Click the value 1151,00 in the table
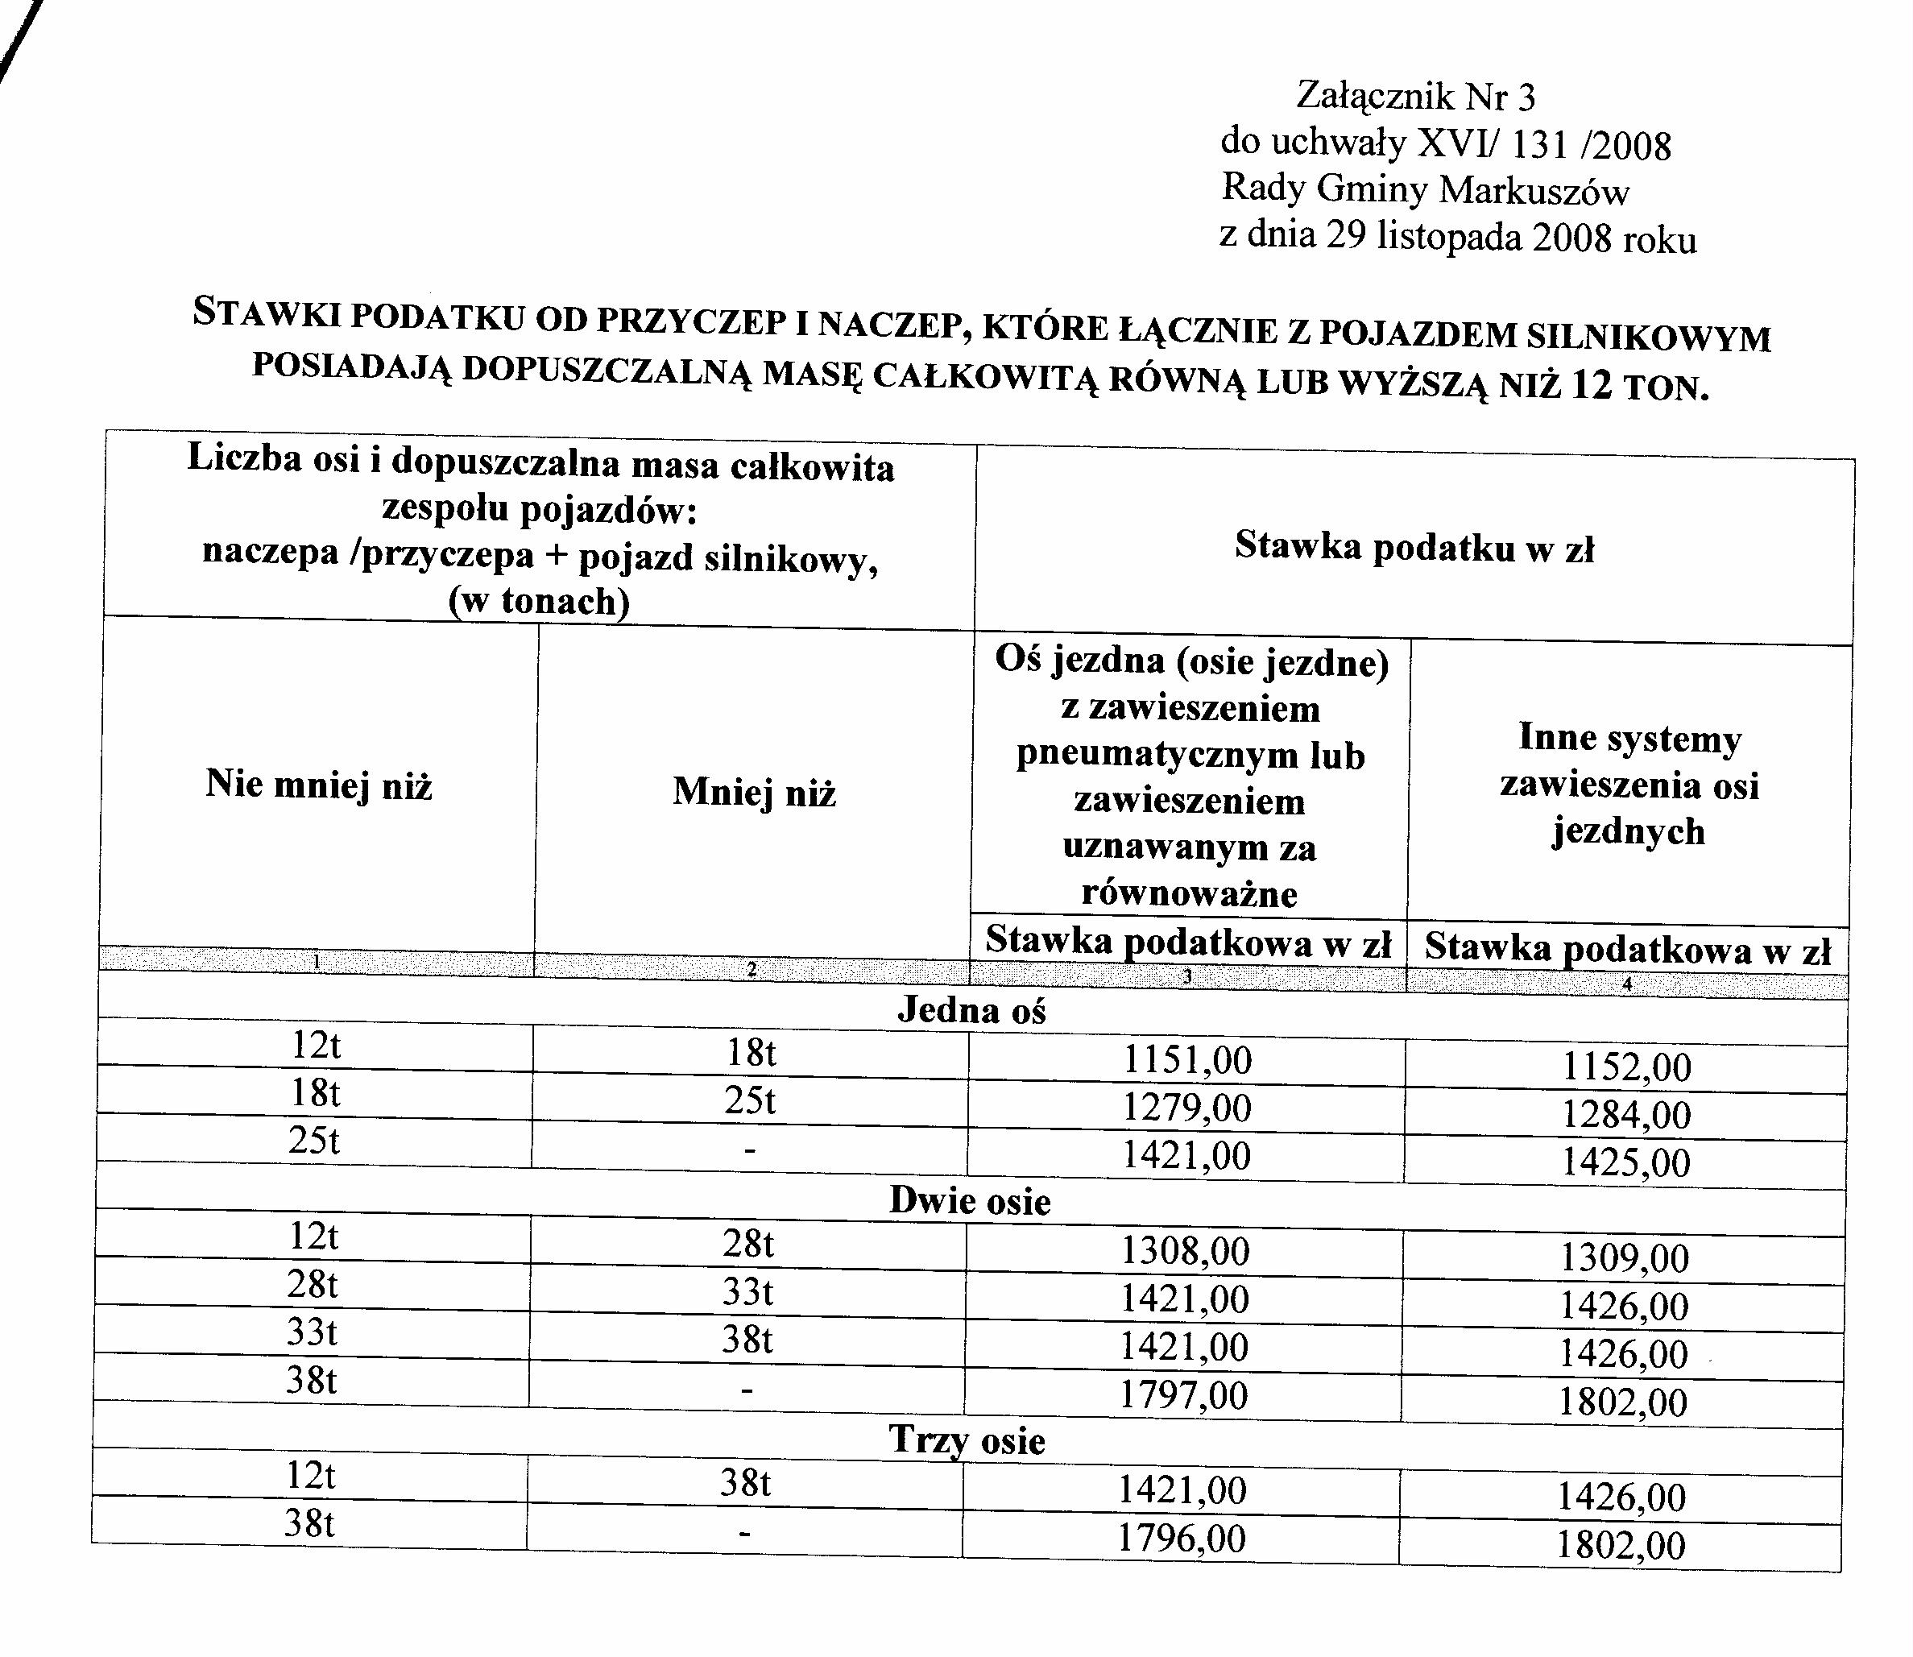[x=1187, y=1059]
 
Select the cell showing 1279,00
[x=1187, y=1108]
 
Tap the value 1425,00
[x=1625, y=1162]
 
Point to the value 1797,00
[x=1183, y=1394]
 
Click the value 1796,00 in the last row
[x=1182, y=1538]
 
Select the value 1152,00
[x=1626, y=1067]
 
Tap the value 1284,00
[x=1626, y=1115]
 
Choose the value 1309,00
[x=1625, y=1258]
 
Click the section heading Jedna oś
[x=971, y=1011]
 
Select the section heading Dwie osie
[x=970, y=1201]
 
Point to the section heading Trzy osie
[x=967, y=1440]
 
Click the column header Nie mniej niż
[x=319, y=785]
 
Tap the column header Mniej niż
[x=755, y=793]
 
